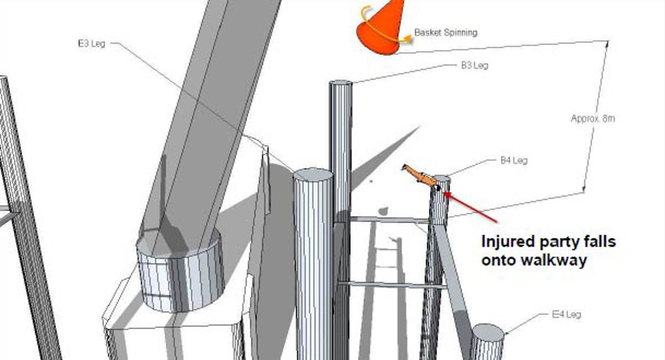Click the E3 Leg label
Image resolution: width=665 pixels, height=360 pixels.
pos(91,44)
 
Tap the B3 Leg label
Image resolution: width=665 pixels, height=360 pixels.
pos(474,65)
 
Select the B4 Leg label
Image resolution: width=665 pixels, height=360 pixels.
pos(514,161)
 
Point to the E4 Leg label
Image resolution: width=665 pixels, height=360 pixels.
pos(566,314)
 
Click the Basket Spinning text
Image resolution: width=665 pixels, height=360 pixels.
pos(446,32)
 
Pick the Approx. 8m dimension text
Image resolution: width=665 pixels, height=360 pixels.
pos(593,119)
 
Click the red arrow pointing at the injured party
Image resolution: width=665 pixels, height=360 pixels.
pos(470,207)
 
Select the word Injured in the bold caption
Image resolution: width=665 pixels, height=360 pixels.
pos(508,242)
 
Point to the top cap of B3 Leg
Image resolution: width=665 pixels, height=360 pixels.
pos(341,83)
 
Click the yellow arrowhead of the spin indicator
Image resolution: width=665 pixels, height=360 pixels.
pos(408,39)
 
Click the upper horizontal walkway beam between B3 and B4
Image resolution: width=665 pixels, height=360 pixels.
pos(390,220)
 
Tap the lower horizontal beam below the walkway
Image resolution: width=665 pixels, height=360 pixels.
pos(392,285)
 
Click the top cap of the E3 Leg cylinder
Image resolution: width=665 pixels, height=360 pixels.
pos(313,175)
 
